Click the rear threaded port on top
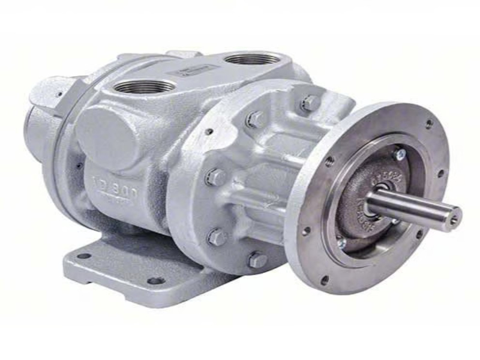click(x=252, y=58)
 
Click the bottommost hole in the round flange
click(x=325, y=280)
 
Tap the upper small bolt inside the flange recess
click(x=398, y=155)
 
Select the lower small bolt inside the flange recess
click(x=343, y=243)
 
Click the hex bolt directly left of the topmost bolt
click(x=254, y=119)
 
